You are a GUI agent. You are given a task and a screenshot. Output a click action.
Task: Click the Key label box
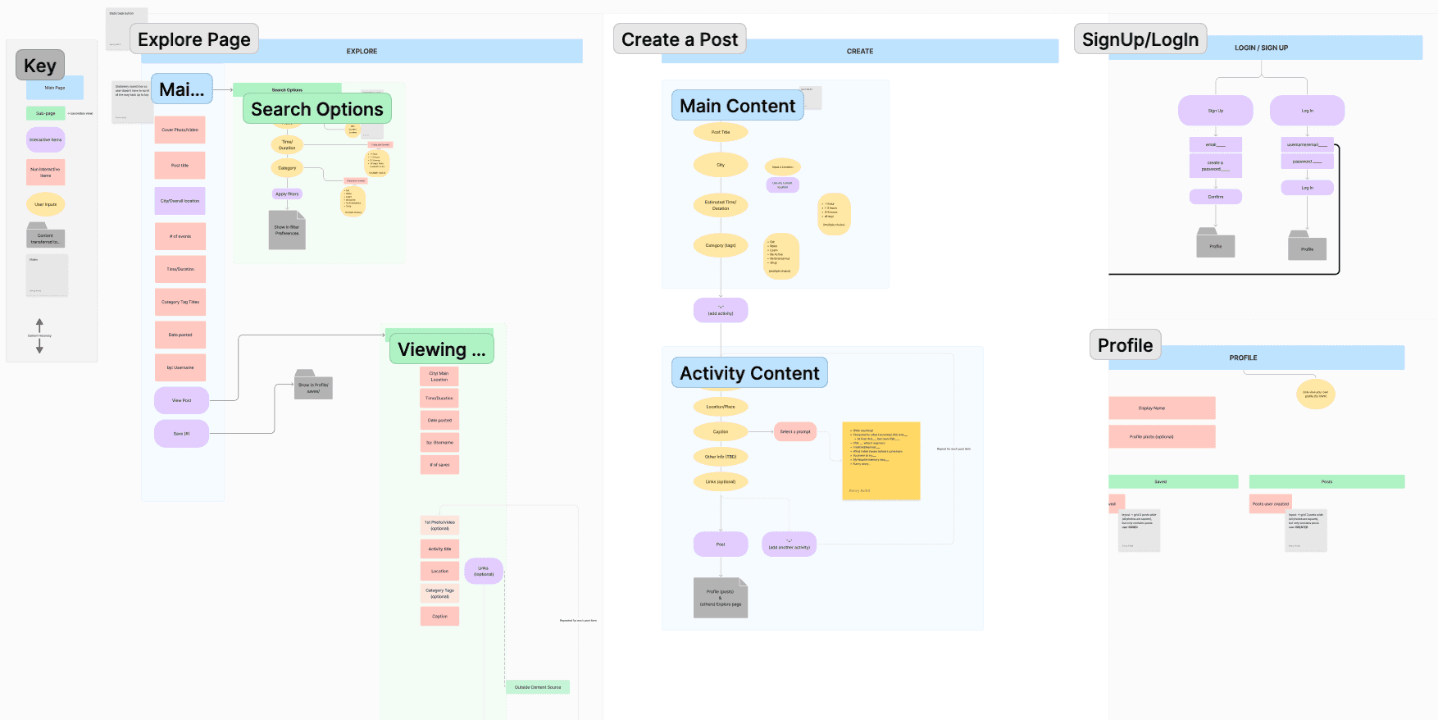pyautogui.click(x=39, y=66)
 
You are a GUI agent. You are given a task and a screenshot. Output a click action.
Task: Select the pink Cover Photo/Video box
pyautogui.click(x=180, y=130)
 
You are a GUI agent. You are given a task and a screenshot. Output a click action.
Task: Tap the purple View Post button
pyautogui.click(x=181, y=400)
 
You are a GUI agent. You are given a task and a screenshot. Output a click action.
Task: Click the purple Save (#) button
pyautogui.click(x=181, y=433)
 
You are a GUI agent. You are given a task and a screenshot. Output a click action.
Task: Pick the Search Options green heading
pyautogui.click(x=316, y=109)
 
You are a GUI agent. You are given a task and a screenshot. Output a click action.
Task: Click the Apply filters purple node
pyautogui.click(x=287, y=194)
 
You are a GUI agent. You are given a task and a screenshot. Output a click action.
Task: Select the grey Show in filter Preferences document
pyautogui.click(x=287, y=230)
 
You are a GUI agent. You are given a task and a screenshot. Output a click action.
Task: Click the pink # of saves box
pyautogui.click(x=439, y=465)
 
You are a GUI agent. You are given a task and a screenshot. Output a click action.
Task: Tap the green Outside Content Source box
pyautogui.click(x=537, y=687)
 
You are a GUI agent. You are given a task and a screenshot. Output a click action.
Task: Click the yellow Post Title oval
pyautogui.click(x=720, y=132)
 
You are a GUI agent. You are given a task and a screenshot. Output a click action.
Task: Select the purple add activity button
pyautogui.click(x=720, y=310)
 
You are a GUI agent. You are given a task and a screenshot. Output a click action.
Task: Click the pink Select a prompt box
pyautogui.click(x=794, y=431)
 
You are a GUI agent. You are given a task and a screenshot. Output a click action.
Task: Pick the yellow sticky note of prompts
pyautogui.click(x=881, y=461)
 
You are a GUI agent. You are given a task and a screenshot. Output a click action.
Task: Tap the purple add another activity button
pyautogui.click(x=789, y=545)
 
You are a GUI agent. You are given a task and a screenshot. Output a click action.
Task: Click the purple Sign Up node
pyautogui.click(x=1215, y=111)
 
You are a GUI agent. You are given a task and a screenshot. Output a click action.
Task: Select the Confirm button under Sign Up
pyautogui.click(x=1215, y=197)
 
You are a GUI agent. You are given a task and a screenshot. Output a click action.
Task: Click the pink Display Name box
pyautogui.click(x=1161, y=408)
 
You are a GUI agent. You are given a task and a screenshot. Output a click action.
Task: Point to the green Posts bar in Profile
pyautogui.click(x=1326, y=481)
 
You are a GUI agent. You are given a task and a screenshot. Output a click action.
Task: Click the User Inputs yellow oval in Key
pyautogui.click(x=45, y=204)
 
